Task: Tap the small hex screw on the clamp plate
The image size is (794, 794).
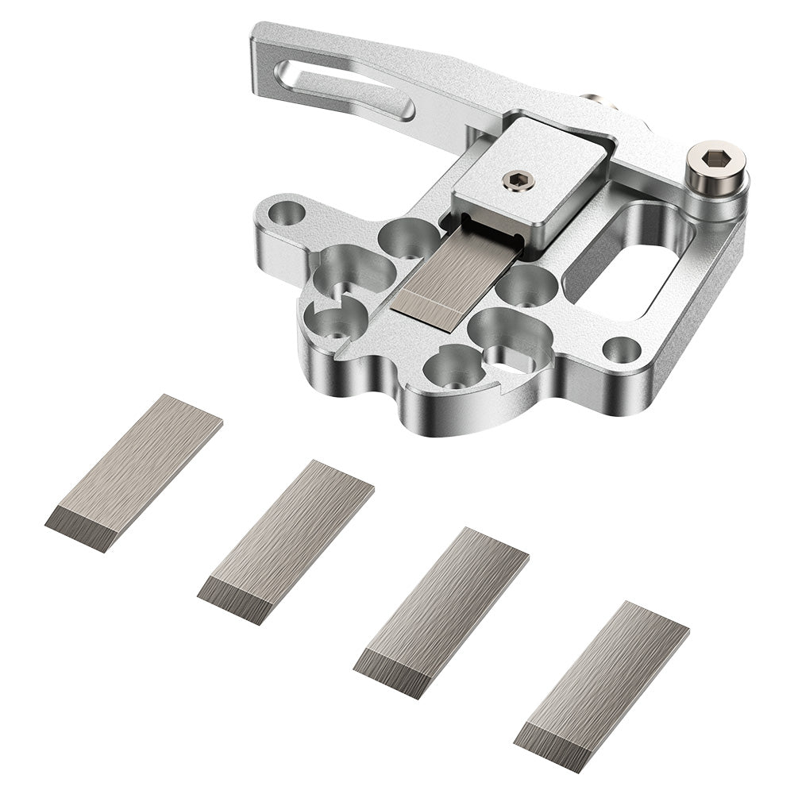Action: coord(518,181)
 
